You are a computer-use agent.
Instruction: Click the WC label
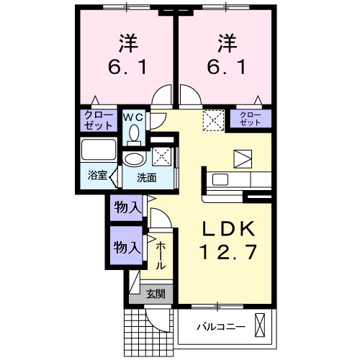point(136,116)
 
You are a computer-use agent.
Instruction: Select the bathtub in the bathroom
point(98,150)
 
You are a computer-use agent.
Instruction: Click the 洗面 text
point(147,177)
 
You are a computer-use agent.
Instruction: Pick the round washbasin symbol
point(134,159)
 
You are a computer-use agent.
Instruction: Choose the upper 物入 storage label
point(127,208)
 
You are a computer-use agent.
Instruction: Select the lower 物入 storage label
point(127,247)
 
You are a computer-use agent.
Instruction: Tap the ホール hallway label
point(161,255)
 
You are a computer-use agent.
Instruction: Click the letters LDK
point(228,228)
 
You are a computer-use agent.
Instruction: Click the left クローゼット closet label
point(99,120)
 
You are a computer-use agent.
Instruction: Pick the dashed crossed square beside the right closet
point(214,119)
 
